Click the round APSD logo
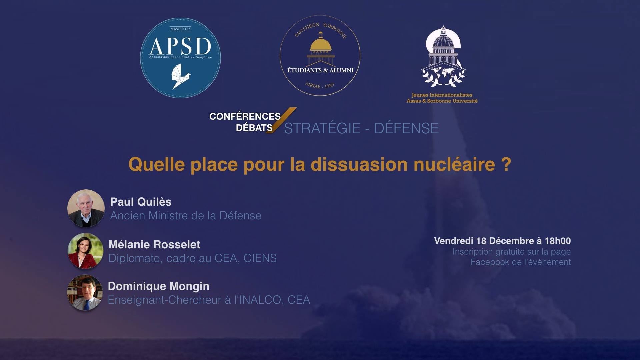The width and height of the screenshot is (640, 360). (x=180, y=58)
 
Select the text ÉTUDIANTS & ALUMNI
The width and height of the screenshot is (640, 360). (x=320, y=70)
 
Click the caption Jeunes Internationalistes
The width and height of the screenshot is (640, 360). (x=442, y=95)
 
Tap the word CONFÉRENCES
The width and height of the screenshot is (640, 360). (x=245, y=116)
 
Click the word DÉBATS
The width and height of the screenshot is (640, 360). (x=254, y=128)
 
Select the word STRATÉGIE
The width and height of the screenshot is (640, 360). (x=322, y=128)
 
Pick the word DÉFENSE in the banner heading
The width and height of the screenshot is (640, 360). (x=406, y=128)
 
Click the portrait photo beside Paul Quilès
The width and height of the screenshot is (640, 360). (x=86, y=208)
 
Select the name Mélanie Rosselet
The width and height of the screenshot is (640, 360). (x=154, y=245)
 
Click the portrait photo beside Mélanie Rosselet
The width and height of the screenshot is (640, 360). (x=85, y=251)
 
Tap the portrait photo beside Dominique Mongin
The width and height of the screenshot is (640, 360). (x=85, y=293)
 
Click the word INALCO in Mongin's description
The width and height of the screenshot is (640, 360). (x=260, y=300)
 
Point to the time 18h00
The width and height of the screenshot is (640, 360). (x=558, y=241)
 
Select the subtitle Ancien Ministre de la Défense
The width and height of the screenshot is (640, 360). (x=186, y=216)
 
